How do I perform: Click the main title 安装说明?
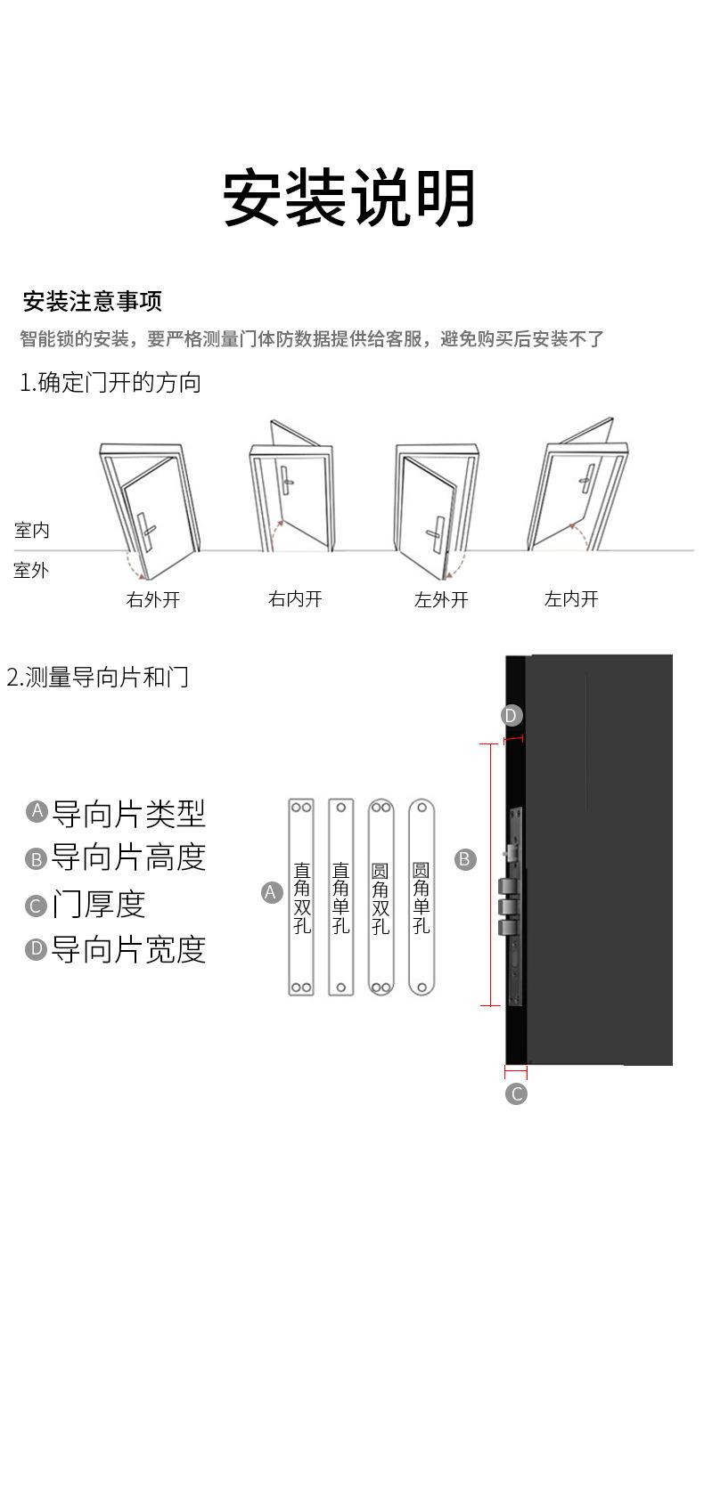[x=349, y=198]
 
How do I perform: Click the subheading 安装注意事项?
[x=92, y=301]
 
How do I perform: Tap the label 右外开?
[x=153, y=599]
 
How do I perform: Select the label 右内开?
[x=295, y=599]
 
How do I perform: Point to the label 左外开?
[x=441, y=599]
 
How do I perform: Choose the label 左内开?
[x=571, y=599]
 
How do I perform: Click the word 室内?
[x=32, y=531]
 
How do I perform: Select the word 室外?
[x=32, y=570]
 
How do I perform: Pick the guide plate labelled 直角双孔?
[x=302, y=896]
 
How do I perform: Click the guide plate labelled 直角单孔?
[x=341, y=896]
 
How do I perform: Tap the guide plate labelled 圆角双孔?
[x=381, y=896]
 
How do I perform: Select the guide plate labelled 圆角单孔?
[x=422, y=896]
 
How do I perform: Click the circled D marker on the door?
[x=511, y=715]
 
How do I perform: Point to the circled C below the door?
[x=516, y=1093]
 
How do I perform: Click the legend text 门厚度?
[x=98, y=904]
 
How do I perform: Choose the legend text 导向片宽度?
[x=128, y=949]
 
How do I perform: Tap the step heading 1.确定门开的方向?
[x=111, y=383]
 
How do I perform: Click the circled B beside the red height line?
[x=465, y=859]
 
